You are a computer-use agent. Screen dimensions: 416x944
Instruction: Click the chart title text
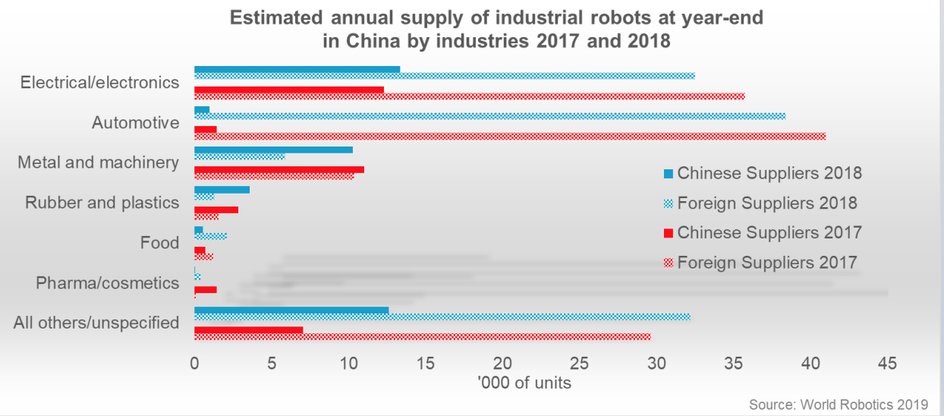click(x=497, y=29)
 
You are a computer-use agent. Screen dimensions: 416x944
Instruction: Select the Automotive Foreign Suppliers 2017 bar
click(x=509, y=136)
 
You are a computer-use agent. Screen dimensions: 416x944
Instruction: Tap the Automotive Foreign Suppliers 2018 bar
click(x=489, y=115)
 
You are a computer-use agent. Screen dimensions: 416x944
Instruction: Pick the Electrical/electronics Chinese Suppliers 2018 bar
click(x=297, y=70)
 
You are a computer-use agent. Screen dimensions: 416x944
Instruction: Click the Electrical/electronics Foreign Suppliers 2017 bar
click(x=469, y=96)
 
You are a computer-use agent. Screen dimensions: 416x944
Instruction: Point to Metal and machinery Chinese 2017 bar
click(x=278, y=169)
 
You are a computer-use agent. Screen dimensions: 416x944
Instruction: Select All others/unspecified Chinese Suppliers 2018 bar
click(x=291, y=310)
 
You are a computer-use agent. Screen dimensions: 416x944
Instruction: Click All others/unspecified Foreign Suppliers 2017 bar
click(x=422, y=336)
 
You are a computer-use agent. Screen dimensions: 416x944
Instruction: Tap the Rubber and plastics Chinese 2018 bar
click(x=222, y=189)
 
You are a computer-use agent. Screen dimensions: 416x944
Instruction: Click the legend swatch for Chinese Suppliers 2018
click(x=668, y=174)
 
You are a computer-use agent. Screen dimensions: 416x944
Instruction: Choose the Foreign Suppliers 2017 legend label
click(x=767, y=263)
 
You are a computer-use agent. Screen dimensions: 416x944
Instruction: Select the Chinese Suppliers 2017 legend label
click(x=769, y=232)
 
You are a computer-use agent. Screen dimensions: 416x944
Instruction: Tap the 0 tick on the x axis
click(x=194, y=364)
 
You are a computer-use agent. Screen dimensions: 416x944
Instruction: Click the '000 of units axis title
click(x=524, y=383)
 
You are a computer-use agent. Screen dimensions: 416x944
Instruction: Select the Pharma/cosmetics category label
click(x=107, y=283)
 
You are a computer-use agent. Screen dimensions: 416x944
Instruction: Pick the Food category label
click(x=159, y=243)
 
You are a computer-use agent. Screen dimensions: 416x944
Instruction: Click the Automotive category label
click(x=135, y=122)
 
